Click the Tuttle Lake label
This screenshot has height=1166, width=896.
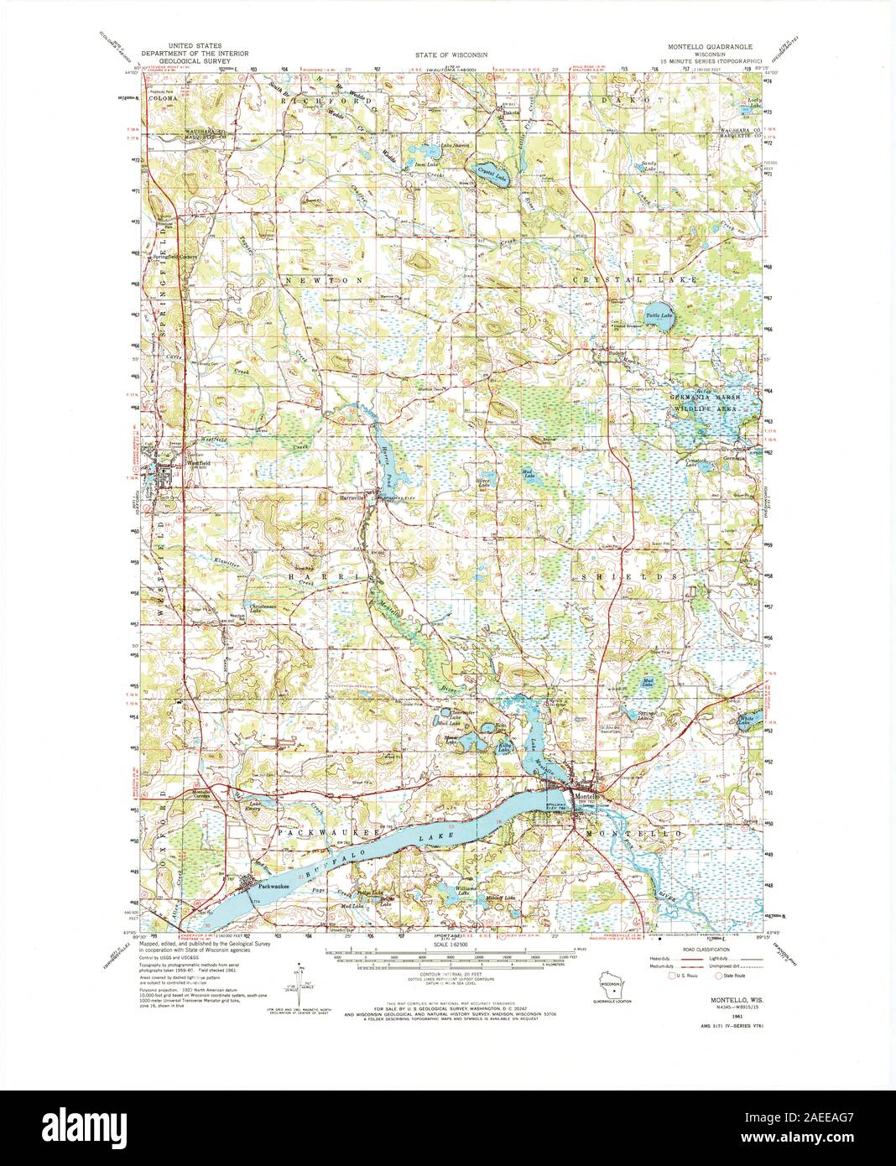pyautogui.click(x=659, y=315)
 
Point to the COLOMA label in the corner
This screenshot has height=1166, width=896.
pyautogui.click(x=163, y=98)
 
